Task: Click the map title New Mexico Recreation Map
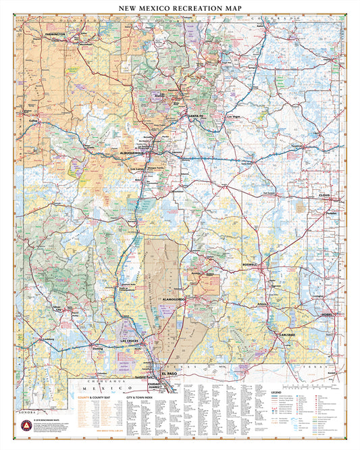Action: (x=180, y=9)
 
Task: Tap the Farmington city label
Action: (x=54, y=33)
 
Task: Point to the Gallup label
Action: (x=32, y=122)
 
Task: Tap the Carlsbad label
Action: (x=286, y=334)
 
